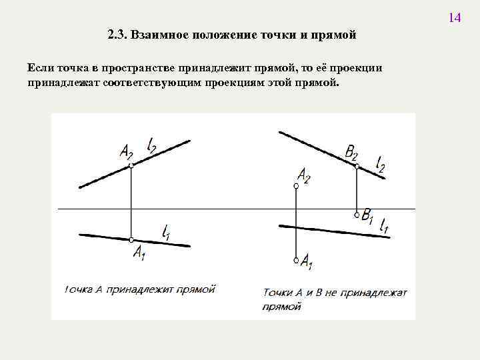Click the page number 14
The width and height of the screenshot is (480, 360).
(454, 17)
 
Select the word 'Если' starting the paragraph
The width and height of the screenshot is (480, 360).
(41, 68)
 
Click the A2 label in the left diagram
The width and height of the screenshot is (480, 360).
(127, 152)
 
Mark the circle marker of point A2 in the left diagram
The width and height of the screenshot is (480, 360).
(132, 165)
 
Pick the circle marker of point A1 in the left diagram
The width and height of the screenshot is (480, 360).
(132, 240)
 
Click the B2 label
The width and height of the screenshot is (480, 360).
(352, 153)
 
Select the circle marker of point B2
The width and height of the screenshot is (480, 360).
(357, 165)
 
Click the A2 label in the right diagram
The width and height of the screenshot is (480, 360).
(303, 175)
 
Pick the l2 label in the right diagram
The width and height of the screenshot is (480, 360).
(380, 163)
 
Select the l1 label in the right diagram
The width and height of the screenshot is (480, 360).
(384, 227)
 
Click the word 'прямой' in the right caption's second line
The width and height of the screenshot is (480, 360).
(282, 307)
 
